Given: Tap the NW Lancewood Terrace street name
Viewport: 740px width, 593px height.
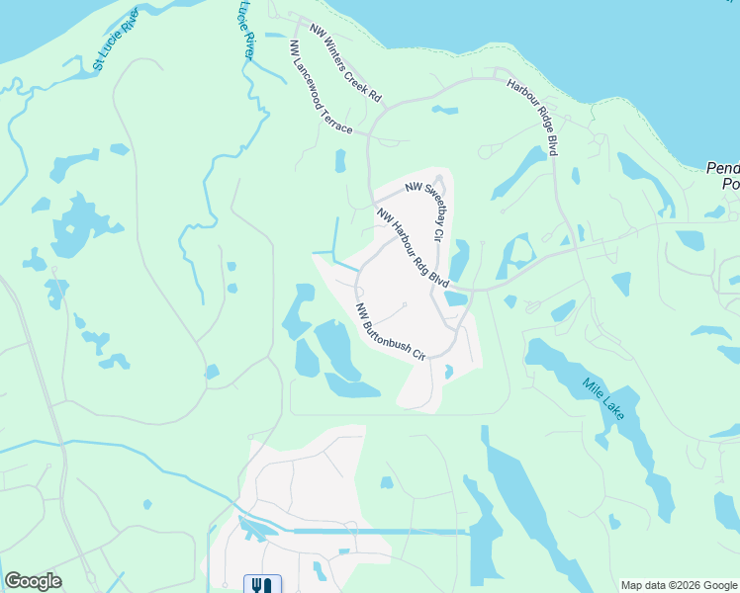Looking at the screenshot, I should tap(322, 89).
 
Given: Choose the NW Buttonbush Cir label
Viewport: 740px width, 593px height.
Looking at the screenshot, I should tap(390, 331).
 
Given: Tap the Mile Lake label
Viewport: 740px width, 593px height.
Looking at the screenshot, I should tap(602, 398).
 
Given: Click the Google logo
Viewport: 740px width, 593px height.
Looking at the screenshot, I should tap(33, 581).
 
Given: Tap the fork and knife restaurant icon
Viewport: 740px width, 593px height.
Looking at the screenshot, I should tap(262, 584).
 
